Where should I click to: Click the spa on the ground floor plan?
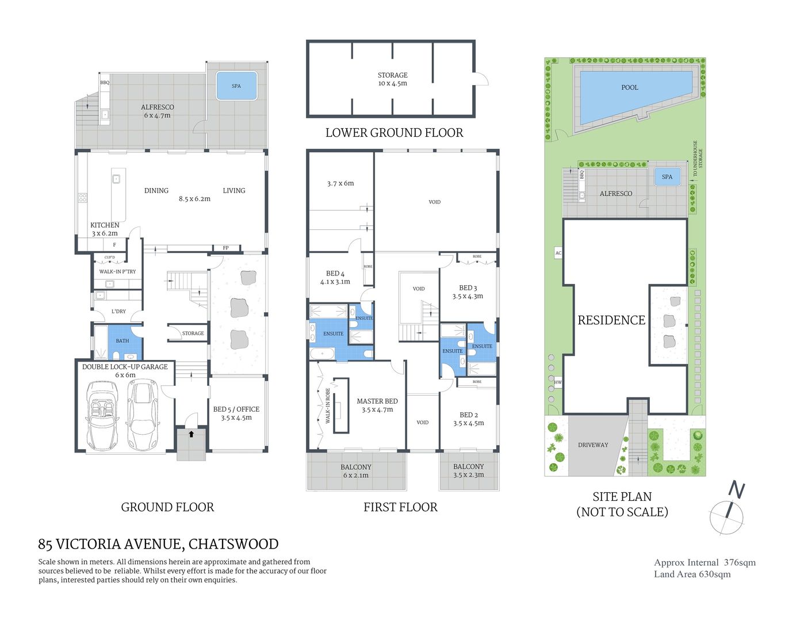tap(236, 86)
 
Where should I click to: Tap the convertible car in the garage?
tap(102, 416)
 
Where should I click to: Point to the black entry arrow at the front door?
tap(191, 434)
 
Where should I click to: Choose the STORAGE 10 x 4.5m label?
tap(392, 79)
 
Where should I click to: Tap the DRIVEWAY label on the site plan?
tap(593, 444)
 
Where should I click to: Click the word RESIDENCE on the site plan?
tap(611, 320)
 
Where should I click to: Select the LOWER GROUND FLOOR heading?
tap(394, 133)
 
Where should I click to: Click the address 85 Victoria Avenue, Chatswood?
tap(158, 544)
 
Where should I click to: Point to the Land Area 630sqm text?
tap(692, 574)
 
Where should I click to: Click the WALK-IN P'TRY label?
tap(117, 271)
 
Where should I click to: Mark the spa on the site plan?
tap(667, 177)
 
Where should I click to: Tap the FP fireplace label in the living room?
tap(225, 248)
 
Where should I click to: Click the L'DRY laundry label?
tap(118, 311)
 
